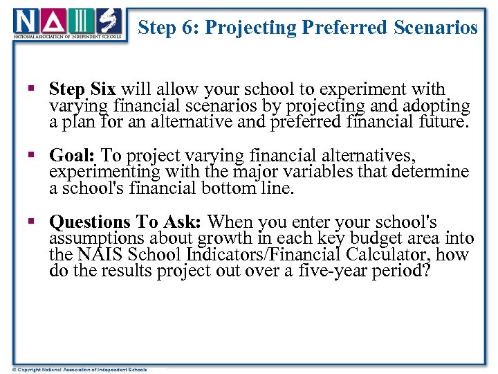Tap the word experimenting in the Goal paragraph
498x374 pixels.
tap(104, 172)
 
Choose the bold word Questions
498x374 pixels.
tap(89, 222)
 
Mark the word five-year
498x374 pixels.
tap(330, 271)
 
